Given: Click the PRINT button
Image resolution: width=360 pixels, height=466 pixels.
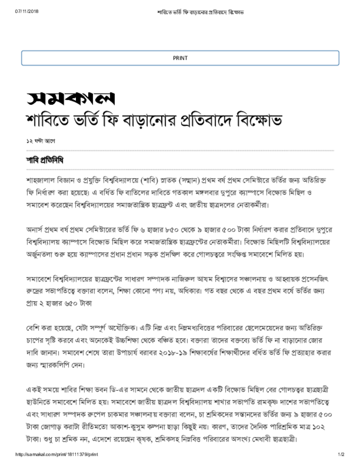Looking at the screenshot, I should (180, 58).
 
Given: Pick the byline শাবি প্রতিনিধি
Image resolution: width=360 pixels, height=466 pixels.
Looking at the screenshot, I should (45, 160).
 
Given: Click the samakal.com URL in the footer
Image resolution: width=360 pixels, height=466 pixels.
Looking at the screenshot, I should (57, 455).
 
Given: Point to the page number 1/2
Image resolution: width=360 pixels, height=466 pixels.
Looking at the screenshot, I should (341, 455).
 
